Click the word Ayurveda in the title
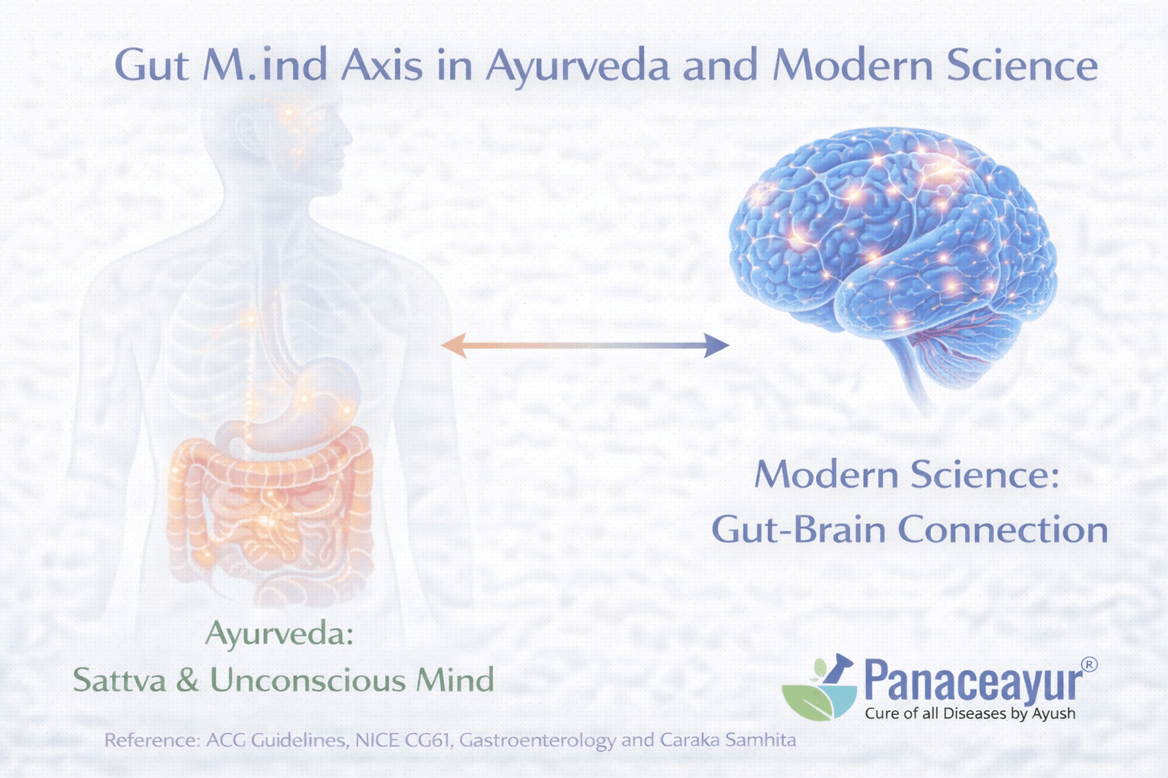click(x=578, y=66)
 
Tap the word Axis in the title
click(x=381, y=65)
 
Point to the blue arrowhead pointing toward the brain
click(x=716, y=345)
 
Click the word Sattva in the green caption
click(x=119, y=680)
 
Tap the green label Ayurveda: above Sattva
click(x=280, y=633)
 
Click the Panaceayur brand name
click(x=973, y=682)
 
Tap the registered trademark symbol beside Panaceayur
click(x=1089, y=664)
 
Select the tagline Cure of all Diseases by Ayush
click(x=970, y=713)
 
